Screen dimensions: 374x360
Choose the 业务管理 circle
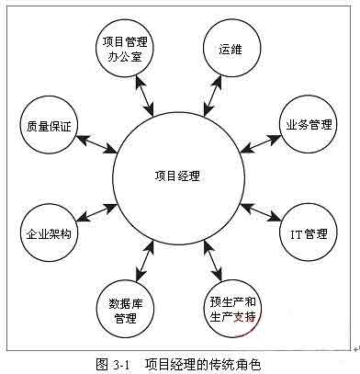pyautogui.click(x=307, y=123)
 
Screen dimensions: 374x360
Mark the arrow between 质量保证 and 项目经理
pyautogui.click(x=96, y=142)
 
